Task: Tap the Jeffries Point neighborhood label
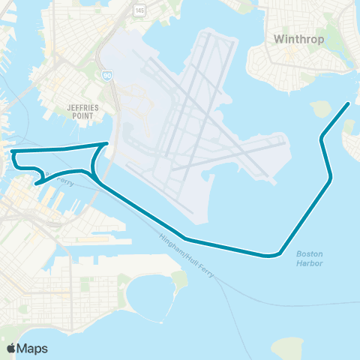point(83,112)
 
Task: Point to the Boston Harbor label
point(309,258)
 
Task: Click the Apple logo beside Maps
point(11,348)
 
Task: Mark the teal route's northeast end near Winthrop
point(349,103)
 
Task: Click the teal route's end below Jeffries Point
point(109,143)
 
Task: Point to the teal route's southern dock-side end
point(36,182)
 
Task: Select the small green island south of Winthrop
point(320,109)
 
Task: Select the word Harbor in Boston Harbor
point(309,263)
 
